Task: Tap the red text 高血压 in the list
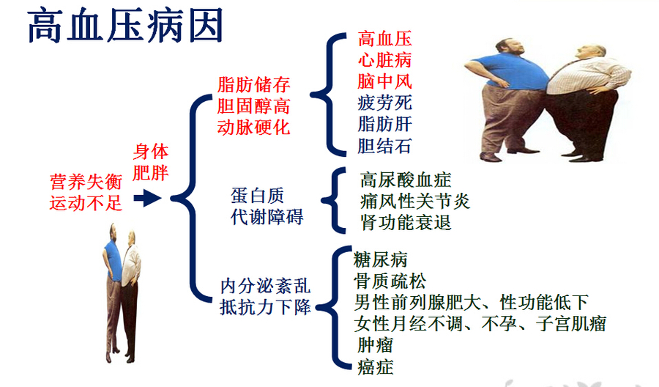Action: (384, 39)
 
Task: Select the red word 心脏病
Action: (384, 60)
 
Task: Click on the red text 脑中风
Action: (384, 81)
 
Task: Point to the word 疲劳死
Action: (384, 103)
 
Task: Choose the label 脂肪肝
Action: (384, 124)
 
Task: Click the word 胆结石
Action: (384, 145)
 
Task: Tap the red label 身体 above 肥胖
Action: (151, 152)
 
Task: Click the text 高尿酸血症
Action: (406, 180)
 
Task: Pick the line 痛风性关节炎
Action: (415, 201)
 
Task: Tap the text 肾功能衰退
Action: (406, 222)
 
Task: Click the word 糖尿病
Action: (381, 260)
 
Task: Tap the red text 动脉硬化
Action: (254, 128)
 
